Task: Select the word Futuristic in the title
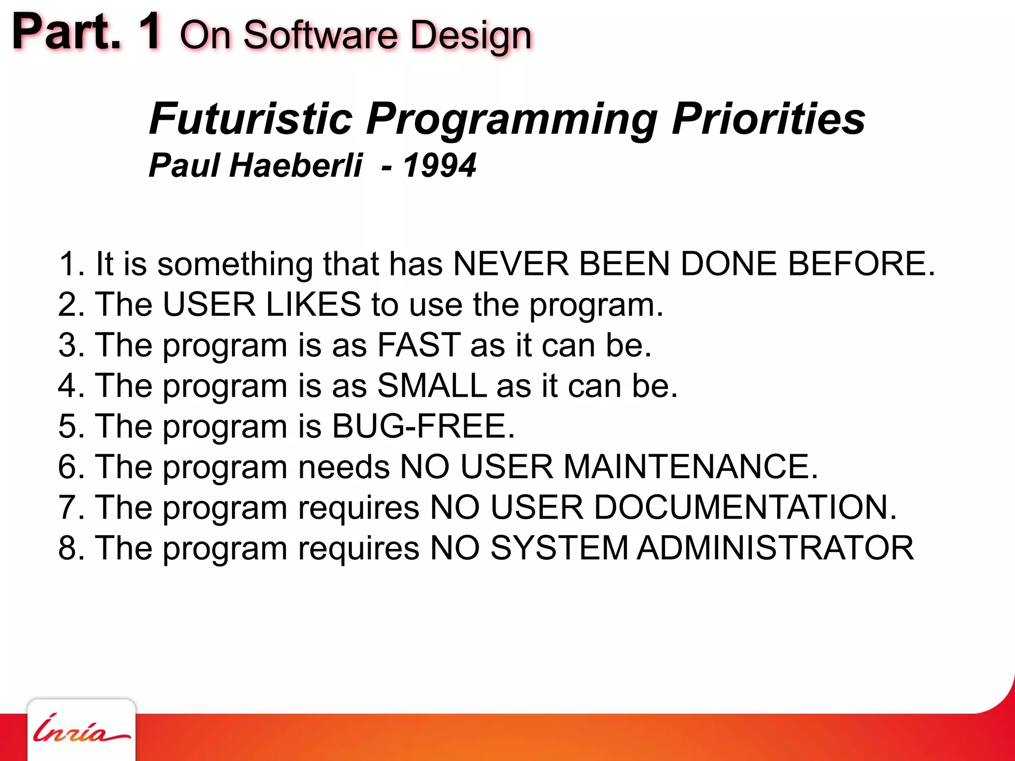(x=250, y=119)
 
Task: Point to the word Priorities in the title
(x=768, y=119)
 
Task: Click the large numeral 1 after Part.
(x=149, y=32)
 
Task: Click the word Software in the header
(x=320, y=36)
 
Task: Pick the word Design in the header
(x=471, y=36)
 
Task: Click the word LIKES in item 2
(x=313, y=304)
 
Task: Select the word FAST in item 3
(x=419, y=345)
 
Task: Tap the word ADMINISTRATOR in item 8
(x=775, y=548)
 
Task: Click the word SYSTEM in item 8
(x=559, y=548)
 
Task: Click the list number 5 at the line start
(x=68, y=426)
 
